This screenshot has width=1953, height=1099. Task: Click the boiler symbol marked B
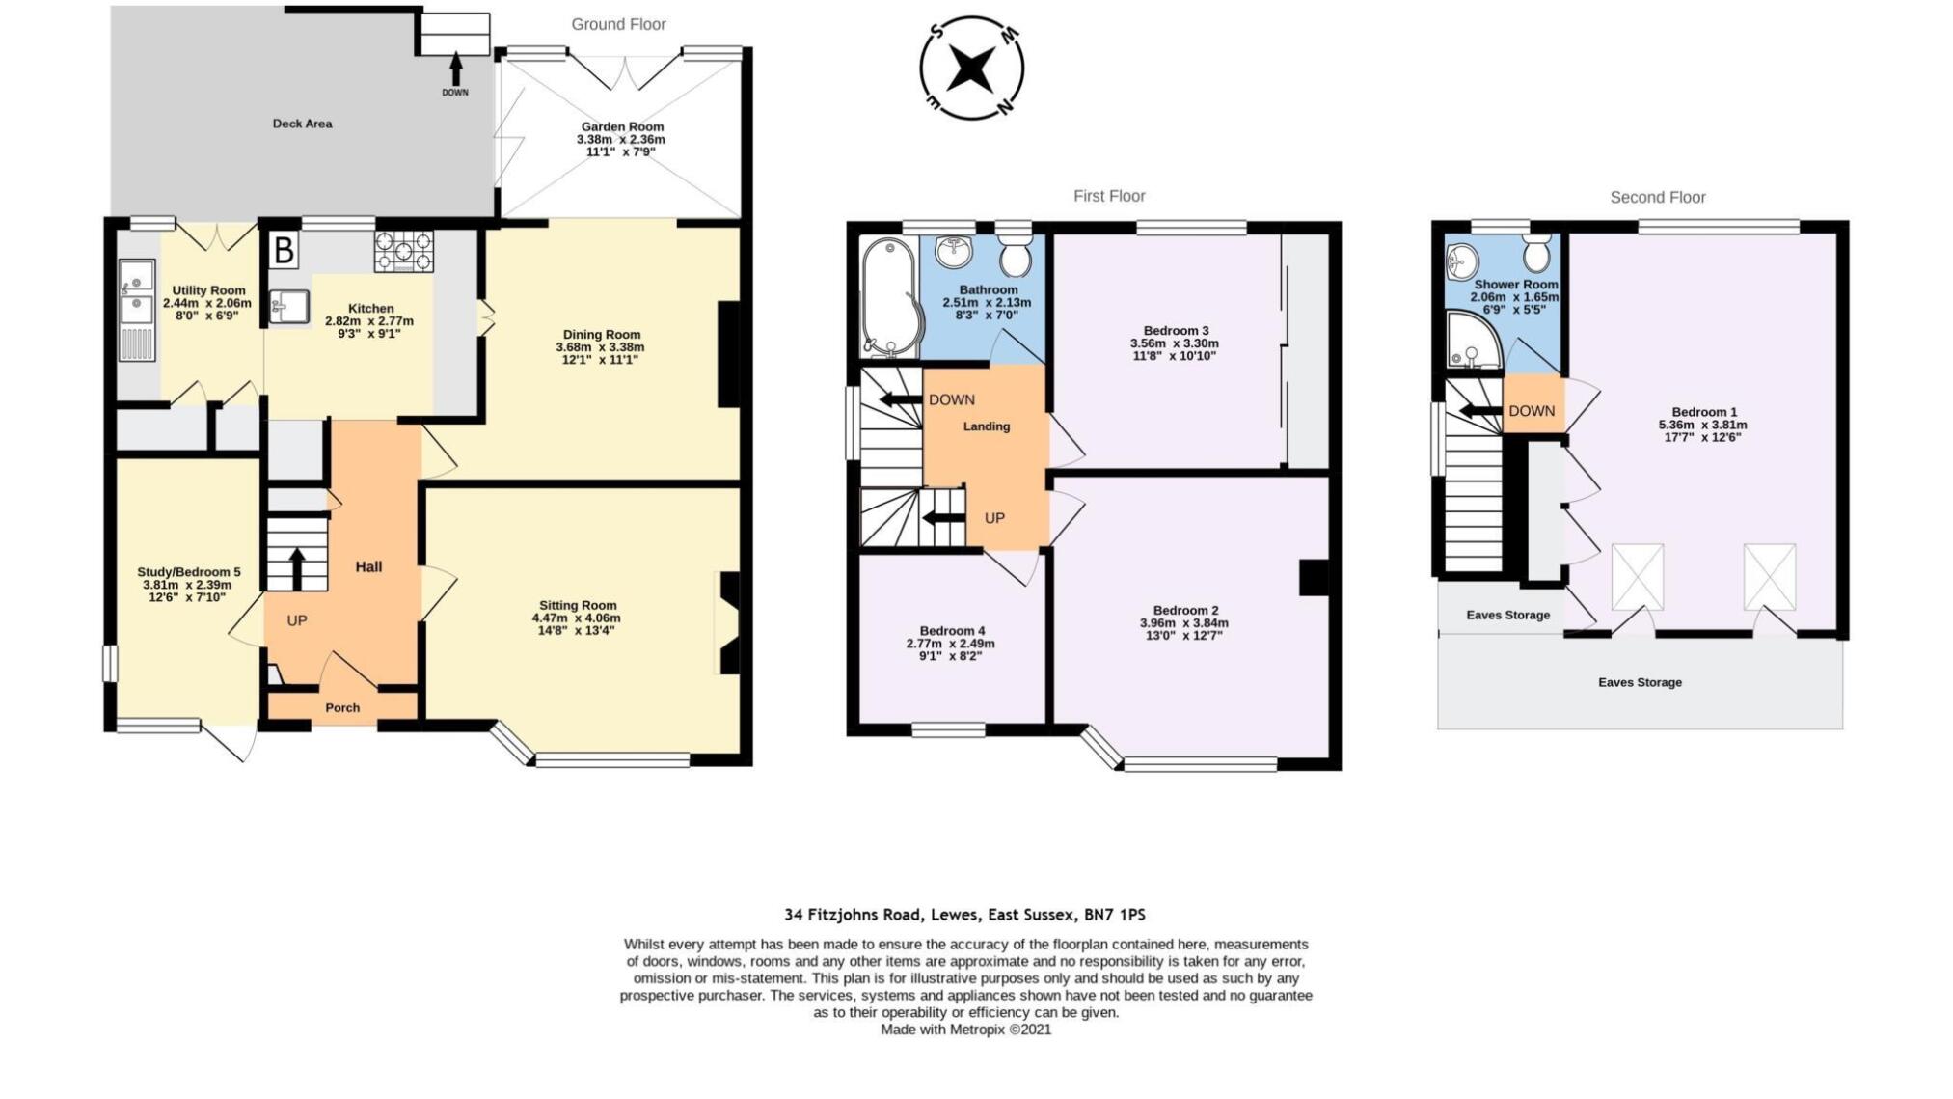[284, 251]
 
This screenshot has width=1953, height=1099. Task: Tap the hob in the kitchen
[404, 251]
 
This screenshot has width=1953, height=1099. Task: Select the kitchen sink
[288, 307]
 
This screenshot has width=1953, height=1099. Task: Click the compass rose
[971, 68]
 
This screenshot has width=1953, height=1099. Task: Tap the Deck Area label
[302, 124]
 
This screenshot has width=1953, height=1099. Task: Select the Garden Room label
[622, 126]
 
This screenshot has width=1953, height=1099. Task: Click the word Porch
[342, 708]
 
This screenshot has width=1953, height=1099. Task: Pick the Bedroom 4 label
[952, 631]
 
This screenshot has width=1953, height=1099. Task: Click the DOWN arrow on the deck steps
[455, 69]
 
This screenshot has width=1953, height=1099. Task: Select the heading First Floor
[1109, 196]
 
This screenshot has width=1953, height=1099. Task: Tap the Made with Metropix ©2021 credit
[966, 1030]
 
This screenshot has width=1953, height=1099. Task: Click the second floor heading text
[1658, 197]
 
